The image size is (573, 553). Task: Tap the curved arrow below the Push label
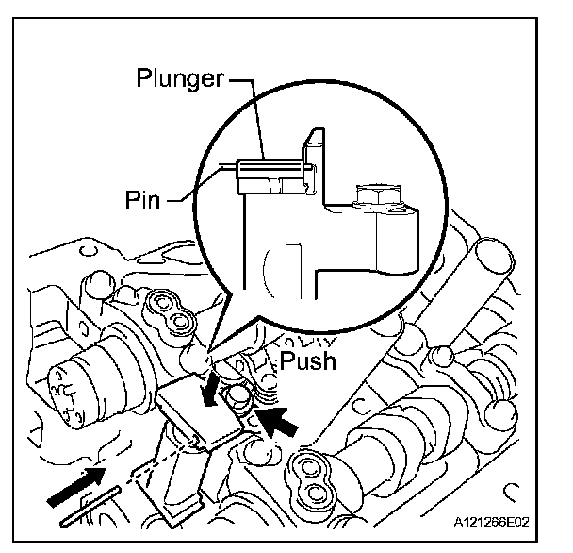coord(219,385)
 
